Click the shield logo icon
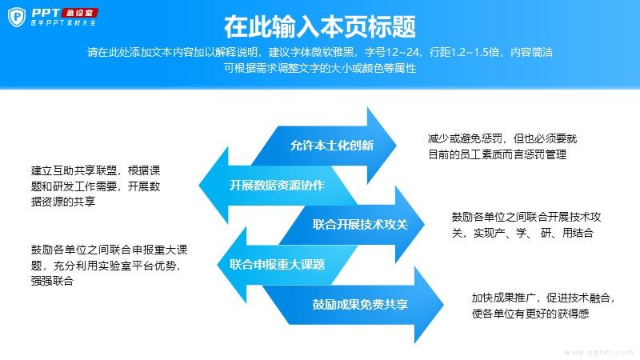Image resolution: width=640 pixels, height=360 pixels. [x=17, y=17]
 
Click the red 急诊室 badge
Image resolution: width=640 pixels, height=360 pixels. [x=79, y=13]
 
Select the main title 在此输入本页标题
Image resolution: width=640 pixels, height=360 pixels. [x=319, y=27]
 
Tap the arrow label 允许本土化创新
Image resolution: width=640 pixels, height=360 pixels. [x=332, y=146]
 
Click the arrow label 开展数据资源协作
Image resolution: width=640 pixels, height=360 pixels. [x=277, y=186]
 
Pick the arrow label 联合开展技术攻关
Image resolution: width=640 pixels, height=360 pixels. [x=361, y=225]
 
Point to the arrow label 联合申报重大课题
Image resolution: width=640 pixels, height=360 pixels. [x=277, y=265]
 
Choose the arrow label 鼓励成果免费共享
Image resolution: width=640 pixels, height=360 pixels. [x=361, y=305]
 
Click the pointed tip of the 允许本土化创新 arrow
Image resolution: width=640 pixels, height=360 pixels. [x=396, y=145]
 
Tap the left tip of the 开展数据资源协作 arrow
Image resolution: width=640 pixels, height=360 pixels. [x=198, y=185]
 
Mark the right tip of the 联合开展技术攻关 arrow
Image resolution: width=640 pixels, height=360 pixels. [x=425, y=224]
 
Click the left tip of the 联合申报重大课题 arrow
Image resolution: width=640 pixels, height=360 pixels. [x=217, y=265]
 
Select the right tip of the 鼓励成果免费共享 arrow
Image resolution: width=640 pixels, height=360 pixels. [x=444, y=304]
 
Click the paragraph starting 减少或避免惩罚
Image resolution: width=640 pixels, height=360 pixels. [x=502, y=146]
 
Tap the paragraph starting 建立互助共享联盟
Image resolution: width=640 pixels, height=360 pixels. [x=95, y=186]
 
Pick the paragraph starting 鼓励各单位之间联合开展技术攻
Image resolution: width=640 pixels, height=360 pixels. [x=526, y=225]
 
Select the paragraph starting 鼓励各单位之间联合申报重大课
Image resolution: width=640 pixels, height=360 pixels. [x=109, y=266]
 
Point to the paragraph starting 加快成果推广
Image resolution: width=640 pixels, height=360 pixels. [x=543, y=306]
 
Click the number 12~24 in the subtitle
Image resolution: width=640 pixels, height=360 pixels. [x=402, y=52]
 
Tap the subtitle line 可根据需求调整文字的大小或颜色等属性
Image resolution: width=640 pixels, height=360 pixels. [x=320, y=68]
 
